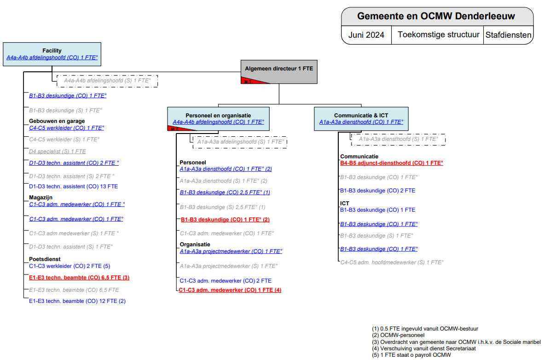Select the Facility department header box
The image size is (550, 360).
tap(52, 54)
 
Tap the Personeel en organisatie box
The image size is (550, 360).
tap(218, 119)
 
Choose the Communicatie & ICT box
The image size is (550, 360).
tap(361, 119)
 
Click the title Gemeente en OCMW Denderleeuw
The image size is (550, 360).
tap(436, 16)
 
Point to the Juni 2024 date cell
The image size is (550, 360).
tap(366, 35)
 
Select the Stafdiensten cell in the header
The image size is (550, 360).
tap(509, 35)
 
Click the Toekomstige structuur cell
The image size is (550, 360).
tap(438, 35)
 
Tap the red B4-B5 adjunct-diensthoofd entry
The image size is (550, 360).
tap(391, 163)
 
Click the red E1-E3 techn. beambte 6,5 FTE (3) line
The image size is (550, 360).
tap(79, 278)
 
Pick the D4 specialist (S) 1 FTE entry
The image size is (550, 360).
tap(57, 151)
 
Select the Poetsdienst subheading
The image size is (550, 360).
tap(45, 259)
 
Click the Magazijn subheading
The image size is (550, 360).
tap(41, 197)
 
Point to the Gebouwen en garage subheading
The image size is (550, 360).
tap(57, 121)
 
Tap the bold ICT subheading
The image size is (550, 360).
tap(345, 203)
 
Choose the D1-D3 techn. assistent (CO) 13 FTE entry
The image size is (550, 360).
tap(73, 186)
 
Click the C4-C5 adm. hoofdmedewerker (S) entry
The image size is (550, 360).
tap(392, 262)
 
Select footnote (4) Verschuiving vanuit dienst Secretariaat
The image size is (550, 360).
tap(421, 348)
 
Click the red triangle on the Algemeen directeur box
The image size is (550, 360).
tap(251, 81)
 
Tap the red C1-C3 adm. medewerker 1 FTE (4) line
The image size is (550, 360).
tap(230, 290)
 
